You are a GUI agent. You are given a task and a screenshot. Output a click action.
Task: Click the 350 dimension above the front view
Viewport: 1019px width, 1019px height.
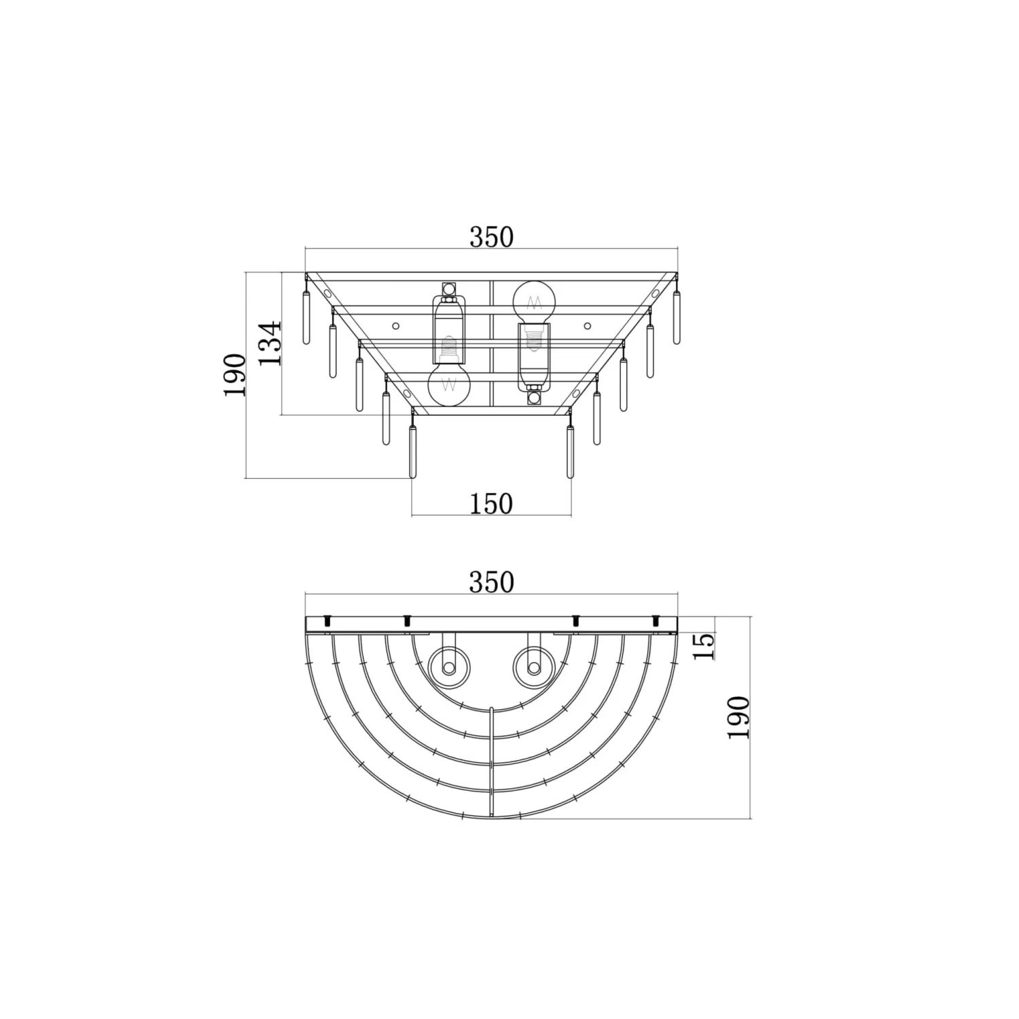[491, 237]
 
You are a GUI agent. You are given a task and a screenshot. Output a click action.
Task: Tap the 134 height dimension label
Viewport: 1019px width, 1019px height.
[271, 343]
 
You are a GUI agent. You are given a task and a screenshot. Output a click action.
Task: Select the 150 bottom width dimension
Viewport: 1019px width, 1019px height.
[491, 504]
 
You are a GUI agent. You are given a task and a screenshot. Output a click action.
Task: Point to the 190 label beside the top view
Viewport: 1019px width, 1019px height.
[738, 717]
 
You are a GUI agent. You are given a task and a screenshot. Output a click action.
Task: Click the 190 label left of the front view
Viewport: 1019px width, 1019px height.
[235, 375]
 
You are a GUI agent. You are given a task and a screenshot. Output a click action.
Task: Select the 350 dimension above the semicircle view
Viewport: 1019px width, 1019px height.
[491, 582]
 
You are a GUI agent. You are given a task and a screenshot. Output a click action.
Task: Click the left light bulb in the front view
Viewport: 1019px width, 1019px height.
[449, 384]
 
